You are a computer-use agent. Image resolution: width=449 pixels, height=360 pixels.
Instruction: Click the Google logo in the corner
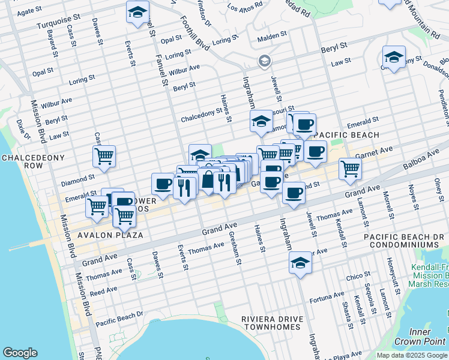click(x=20, y=353)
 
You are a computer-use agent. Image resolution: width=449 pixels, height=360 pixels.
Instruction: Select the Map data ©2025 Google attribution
click(x=412, y=355)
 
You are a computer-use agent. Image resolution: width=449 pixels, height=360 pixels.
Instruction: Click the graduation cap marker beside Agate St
click(x=137, y=11)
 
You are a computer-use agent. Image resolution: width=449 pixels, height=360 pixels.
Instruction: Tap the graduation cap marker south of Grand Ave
click(x=300, y=263)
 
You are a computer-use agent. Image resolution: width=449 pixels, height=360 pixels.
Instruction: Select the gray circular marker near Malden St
click(x=264, y=61)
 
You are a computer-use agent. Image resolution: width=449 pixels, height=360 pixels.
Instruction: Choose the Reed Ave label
click(x=104, y=290)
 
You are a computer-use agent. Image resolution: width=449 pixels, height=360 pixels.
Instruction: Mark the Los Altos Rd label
click(x=246, y=8)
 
